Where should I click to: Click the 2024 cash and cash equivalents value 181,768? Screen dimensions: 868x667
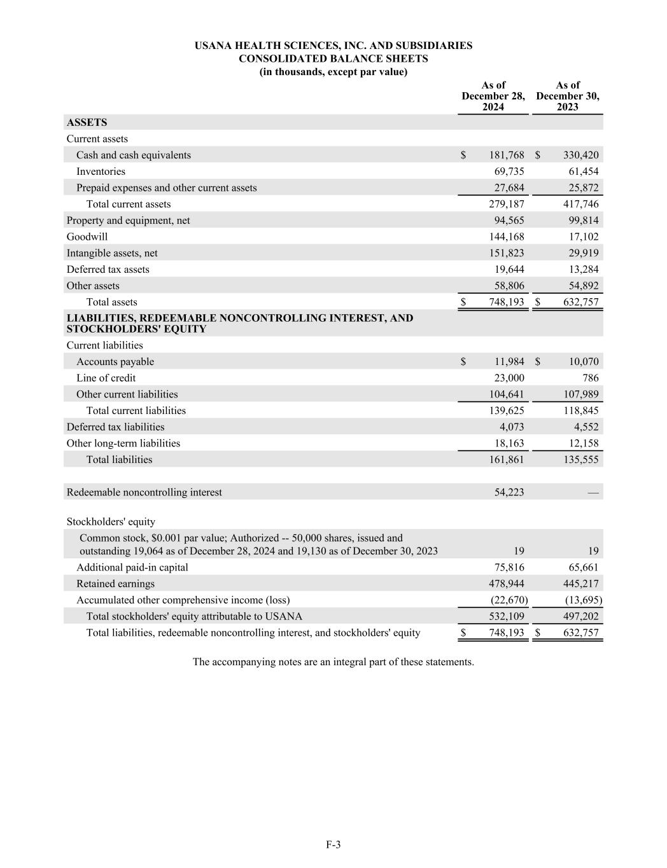pos(507,155)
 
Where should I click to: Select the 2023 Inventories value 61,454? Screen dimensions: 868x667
pos(580,172)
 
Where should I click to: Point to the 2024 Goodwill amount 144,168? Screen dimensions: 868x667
pos(507,237)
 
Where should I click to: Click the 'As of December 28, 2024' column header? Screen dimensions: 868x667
pos(493,96)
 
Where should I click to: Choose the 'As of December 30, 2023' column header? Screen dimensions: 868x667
pos(568,96)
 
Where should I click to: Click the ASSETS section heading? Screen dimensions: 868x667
pos(87,122)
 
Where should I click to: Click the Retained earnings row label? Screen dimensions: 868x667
pos(115,584)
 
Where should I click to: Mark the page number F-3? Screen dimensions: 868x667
pos(333,844)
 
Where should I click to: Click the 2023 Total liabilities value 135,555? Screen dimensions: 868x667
pos(580,460)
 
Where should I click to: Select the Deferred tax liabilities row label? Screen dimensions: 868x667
pos(115,427)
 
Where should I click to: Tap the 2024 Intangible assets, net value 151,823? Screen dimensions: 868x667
pos(507,253)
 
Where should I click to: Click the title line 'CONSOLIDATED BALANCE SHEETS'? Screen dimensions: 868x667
pos(333,59)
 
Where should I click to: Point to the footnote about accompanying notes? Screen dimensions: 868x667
pos(333,662)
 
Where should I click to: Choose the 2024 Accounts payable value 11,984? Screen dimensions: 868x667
pos(509,362)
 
